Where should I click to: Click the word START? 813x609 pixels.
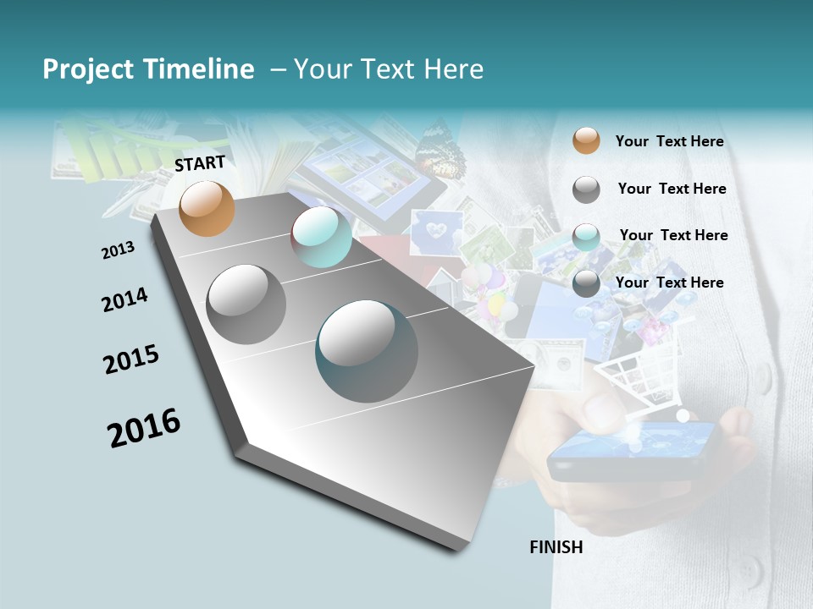200,163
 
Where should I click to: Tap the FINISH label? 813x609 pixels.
556,547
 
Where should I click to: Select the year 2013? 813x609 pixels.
118,250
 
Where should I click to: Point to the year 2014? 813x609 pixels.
124,299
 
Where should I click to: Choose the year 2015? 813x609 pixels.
131,359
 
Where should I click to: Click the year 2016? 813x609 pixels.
144,427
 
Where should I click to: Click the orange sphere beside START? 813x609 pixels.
207,208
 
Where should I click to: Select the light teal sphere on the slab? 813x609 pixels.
321,237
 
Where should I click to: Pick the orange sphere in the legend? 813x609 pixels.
586,141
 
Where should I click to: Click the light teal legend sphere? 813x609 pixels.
586,236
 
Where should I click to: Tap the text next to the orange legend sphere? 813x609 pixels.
669,141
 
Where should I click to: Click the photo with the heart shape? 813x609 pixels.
437,231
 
